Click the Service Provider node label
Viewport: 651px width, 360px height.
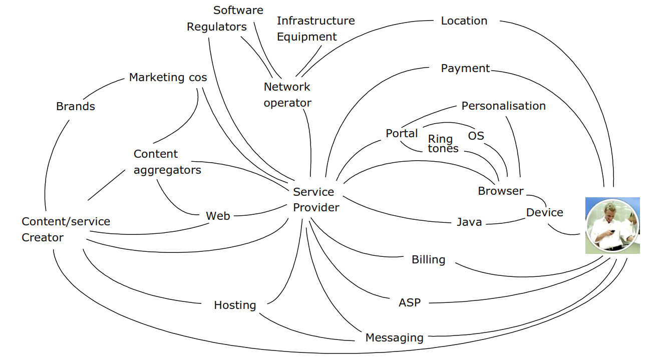coord(316,199)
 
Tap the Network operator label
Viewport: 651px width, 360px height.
coord(287,95)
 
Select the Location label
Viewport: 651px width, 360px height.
coord(464,21)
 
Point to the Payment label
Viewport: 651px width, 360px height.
coord(465,68)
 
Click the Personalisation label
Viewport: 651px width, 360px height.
coord(503,106)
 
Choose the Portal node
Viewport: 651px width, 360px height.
coord(402,134)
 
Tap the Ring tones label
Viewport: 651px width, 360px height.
coord(443,143)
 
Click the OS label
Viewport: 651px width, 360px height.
coord(476,136)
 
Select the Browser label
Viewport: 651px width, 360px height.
coord(500,191)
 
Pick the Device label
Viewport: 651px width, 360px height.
coord(544,212)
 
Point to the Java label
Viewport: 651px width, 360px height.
coord(469,222)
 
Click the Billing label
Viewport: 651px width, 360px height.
coord(428,259)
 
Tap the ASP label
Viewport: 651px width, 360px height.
coord(410,302)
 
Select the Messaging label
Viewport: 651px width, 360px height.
coord(394,337)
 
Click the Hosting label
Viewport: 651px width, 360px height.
coord(235,305)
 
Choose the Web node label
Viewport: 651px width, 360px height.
coord(218,216)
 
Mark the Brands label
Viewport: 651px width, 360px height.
coord(76,106)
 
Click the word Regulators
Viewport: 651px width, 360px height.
coord(217,27)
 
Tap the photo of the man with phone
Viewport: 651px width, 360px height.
coord(612,225)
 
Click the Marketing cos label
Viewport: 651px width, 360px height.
coord(168,77)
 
